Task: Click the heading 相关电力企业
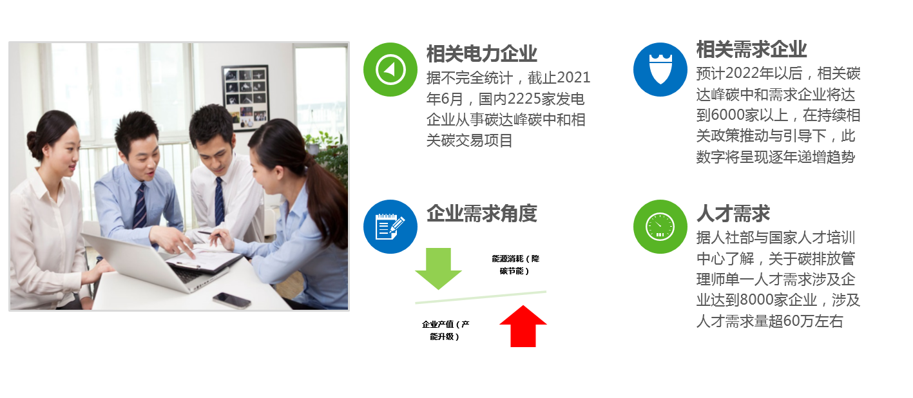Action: coord(482,54)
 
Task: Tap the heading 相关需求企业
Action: coord(751,50)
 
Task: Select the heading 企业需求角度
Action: coord(482,213)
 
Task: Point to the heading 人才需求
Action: coord(733,213)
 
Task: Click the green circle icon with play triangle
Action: coord(390,70)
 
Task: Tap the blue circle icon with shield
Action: coord(660,70)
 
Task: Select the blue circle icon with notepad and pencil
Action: coord(390,227)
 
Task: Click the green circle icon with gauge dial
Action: coord(660,227)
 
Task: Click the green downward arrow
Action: coord(439,269)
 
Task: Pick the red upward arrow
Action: coord(523,327)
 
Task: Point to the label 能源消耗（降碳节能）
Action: coord(515,265)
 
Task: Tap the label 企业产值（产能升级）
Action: coord(445,330)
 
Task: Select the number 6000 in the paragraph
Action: coord(723,115)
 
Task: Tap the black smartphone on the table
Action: coord(231,301)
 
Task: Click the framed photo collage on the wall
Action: coord(245,98)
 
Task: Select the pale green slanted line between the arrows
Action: coord(481,298)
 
